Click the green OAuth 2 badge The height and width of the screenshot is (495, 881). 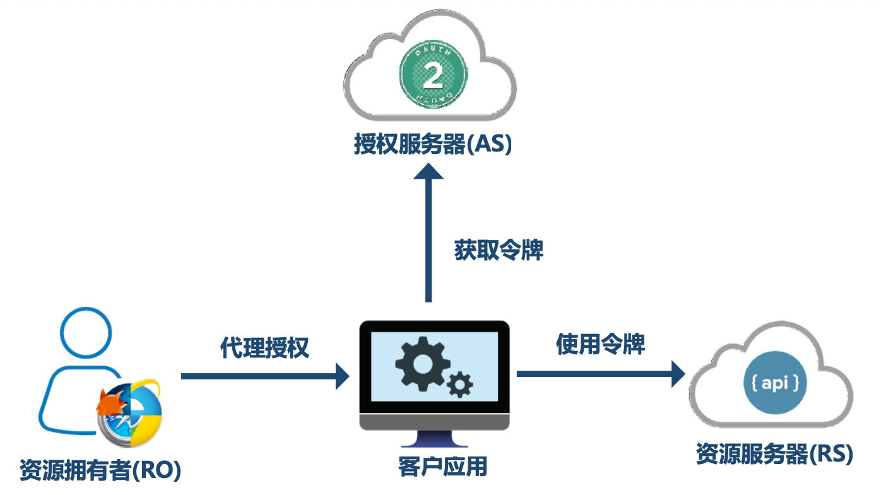coord(432,75)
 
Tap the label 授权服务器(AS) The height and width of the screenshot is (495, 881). coord(432,145)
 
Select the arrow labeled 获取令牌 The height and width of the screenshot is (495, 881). coord(429,234)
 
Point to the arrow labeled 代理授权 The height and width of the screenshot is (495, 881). coord(265,376)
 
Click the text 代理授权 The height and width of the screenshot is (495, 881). coord(265,347)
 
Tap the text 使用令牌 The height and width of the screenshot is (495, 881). coord(601,345)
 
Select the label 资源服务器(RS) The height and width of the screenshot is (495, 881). coord(774,454)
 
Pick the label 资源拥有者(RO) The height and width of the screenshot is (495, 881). coord(100,470)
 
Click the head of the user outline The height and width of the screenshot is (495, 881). coord(86,331)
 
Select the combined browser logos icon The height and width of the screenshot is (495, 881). coord(129,410)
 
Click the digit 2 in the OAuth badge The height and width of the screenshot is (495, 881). coord(432,76)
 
